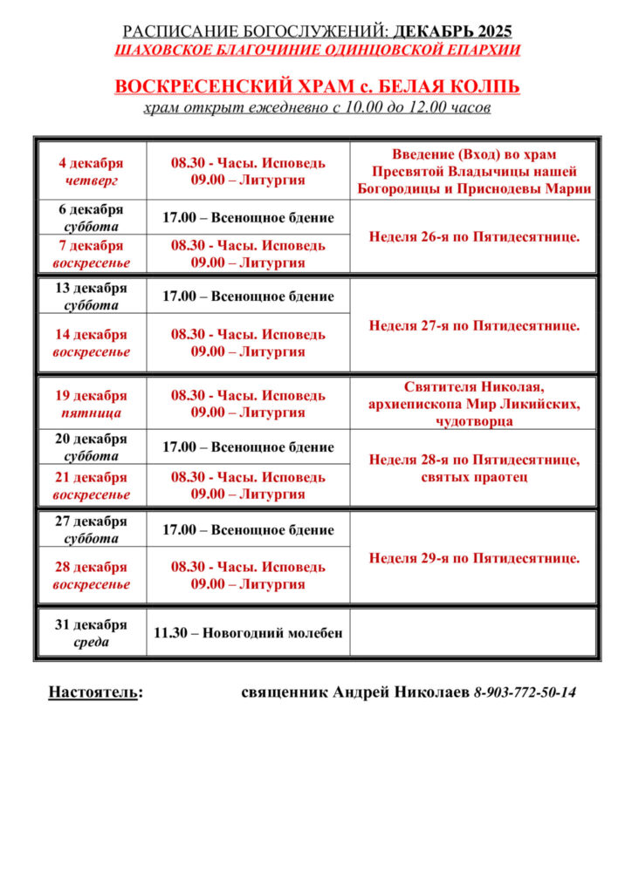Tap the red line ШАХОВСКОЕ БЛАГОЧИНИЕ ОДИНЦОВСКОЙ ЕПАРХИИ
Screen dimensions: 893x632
click(x=317, y=50)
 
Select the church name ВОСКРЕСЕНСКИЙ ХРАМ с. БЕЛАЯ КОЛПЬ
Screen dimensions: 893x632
click(x=317, y=87)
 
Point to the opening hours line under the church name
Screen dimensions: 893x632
click(x=317, y=108)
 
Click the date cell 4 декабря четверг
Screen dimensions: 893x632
click(x=91, y=172)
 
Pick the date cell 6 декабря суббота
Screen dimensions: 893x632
click(x=91, y=218)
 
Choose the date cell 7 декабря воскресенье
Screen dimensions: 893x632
click(x=91, y=254)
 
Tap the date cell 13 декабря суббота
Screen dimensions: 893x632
click(x=91, y=297)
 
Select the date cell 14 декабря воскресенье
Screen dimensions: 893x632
click(x=91, y=343)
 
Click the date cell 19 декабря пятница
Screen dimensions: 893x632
click(x=91, y=404)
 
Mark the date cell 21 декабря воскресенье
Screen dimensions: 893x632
click(x=91, y=486)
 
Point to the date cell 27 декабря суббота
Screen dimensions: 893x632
click(x=91, y=530)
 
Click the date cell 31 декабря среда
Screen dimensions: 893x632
click(x=91, y=633)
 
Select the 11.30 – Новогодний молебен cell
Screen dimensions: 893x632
click(x=248, y=633)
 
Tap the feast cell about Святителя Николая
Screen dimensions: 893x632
click(x=473, y=404)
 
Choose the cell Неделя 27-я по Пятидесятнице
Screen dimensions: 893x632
click(x=473, y=325)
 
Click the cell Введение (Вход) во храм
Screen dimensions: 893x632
click(x=473, y=172)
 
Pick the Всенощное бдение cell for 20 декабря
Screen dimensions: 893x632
click(x=248, y=447)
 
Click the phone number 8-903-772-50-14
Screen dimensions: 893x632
click(x=525, y=693)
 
